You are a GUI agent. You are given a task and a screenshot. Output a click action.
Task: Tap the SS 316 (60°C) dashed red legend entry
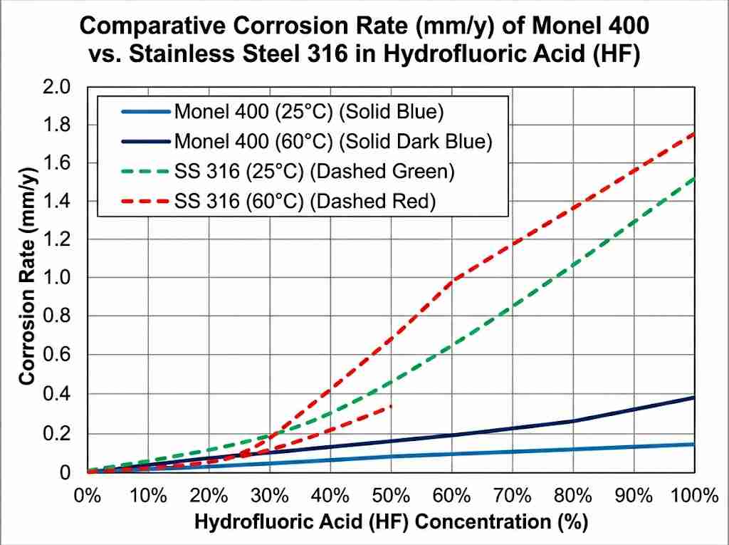[303, 202]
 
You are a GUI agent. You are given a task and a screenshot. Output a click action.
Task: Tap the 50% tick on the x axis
[391, 494]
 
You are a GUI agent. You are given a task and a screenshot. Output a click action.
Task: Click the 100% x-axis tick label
[694, 494]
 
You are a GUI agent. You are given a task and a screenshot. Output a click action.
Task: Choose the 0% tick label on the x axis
[88, 494]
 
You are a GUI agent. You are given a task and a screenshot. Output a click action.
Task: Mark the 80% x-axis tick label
[573, 494]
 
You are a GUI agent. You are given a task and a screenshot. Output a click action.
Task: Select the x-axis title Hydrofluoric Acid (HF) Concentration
[391, 522]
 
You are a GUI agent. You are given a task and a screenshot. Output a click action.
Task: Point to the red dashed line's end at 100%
[694, 133]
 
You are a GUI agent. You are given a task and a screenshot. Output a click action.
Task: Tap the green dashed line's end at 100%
[694, 179]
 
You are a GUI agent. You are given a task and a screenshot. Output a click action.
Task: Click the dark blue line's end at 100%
[694, 398]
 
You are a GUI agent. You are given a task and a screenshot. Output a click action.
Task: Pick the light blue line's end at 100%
[694, 444]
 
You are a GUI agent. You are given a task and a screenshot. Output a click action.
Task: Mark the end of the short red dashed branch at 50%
[391, 406]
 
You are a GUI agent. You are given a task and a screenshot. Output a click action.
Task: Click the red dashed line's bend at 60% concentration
[452, 281]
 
